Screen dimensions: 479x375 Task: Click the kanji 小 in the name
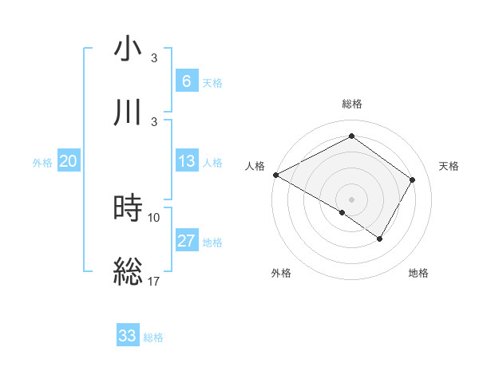[x=129, y=49]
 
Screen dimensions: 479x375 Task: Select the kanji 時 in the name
[x=129, y=209]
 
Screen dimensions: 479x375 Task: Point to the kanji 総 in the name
[x=129, y=271]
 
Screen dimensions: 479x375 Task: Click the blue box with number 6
[x=186, y=81]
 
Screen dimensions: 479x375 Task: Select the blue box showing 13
[x=186, y=161]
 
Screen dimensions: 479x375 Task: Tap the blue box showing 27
[x=186, y=241]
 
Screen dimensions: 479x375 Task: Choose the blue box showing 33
[x=128, y=336]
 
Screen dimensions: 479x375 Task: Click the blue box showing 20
[x=68, y=161]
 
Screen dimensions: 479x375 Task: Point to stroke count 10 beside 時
[x=154, y=217]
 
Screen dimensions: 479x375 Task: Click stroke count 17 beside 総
[x=154, y=280]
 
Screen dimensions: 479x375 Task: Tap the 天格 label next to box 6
[x=212, y=82]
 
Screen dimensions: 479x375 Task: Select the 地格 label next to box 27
[x=212, y=243]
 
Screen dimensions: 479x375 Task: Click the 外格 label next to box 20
[x=42, y=162]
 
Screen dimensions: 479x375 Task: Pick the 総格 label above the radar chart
[x=351, y=104]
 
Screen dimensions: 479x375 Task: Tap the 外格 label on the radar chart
[x=281, y=273]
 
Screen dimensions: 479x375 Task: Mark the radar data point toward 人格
[x=275, y=175]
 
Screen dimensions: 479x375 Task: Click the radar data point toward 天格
[x=412, y=180]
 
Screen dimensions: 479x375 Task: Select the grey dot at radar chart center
[x=351, y=199]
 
